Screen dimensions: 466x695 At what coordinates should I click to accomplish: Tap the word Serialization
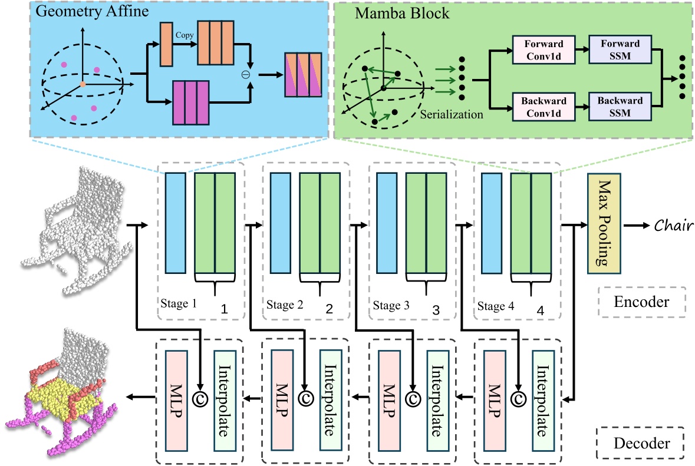point(452,114)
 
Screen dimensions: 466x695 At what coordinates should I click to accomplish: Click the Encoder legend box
point(641,302)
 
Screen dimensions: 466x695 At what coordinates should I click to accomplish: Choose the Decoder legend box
point(641,444)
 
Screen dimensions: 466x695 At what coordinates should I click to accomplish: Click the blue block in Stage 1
point(176,223)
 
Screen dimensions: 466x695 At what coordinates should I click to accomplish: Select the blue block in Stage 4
point(492,223)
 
